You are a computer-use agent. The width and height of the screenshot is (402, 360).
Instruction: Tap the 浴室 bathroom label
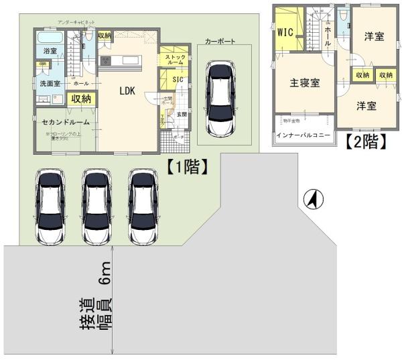(x=50, y=51)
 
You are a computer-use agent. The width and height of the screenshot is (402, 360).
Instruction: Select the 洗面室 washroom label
(x=48, y=84)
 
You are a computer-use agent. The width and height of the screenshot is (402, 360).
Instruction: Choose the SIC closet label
(x=178, y=79)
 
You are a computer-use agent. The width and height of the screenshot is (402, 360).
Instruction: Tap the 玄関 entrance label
(x=182, y=115)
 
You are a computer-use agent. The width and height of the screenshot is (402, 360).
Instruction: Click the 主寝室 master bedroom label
(x=304, y=83)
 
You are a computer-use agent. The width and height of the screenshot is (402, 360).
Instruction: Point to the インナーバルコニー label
(x=303, y=135)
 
